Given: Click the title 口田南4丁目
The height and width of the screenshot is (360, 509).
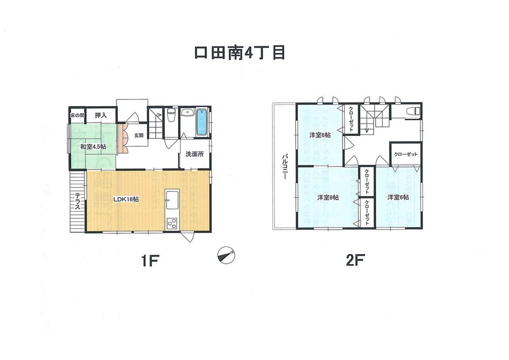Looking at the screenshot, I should [240, 53].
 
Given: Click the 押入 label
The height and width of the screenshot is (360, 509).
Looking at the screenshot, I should [101, 116].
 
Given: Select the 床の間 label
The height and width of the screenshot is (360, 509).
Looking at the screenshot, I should [76, 116].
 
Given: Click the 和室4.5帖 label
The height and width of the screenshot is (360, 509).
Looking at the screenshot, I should [93, 147].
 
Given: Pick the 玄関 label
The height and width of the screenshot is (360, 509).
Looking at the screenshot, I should [138, 135].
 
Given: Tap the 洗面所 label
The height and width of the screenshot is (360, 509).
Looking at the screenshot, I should [194, 154].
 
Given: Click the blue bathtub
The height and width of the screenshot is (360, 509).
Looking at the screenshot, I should [202, 122].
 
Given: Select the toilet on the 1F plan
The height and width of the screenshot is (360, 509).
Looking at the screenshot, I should [172, 116].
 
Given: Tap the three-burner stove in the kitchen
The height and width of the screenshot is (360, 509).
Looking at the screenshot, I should [172, 223].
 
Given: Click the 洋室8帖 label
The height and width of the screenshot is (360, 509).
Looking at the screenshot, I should [328, 197].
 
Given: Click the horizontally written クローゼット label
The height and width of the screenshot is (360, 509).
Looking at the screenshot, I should [406, 154].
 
